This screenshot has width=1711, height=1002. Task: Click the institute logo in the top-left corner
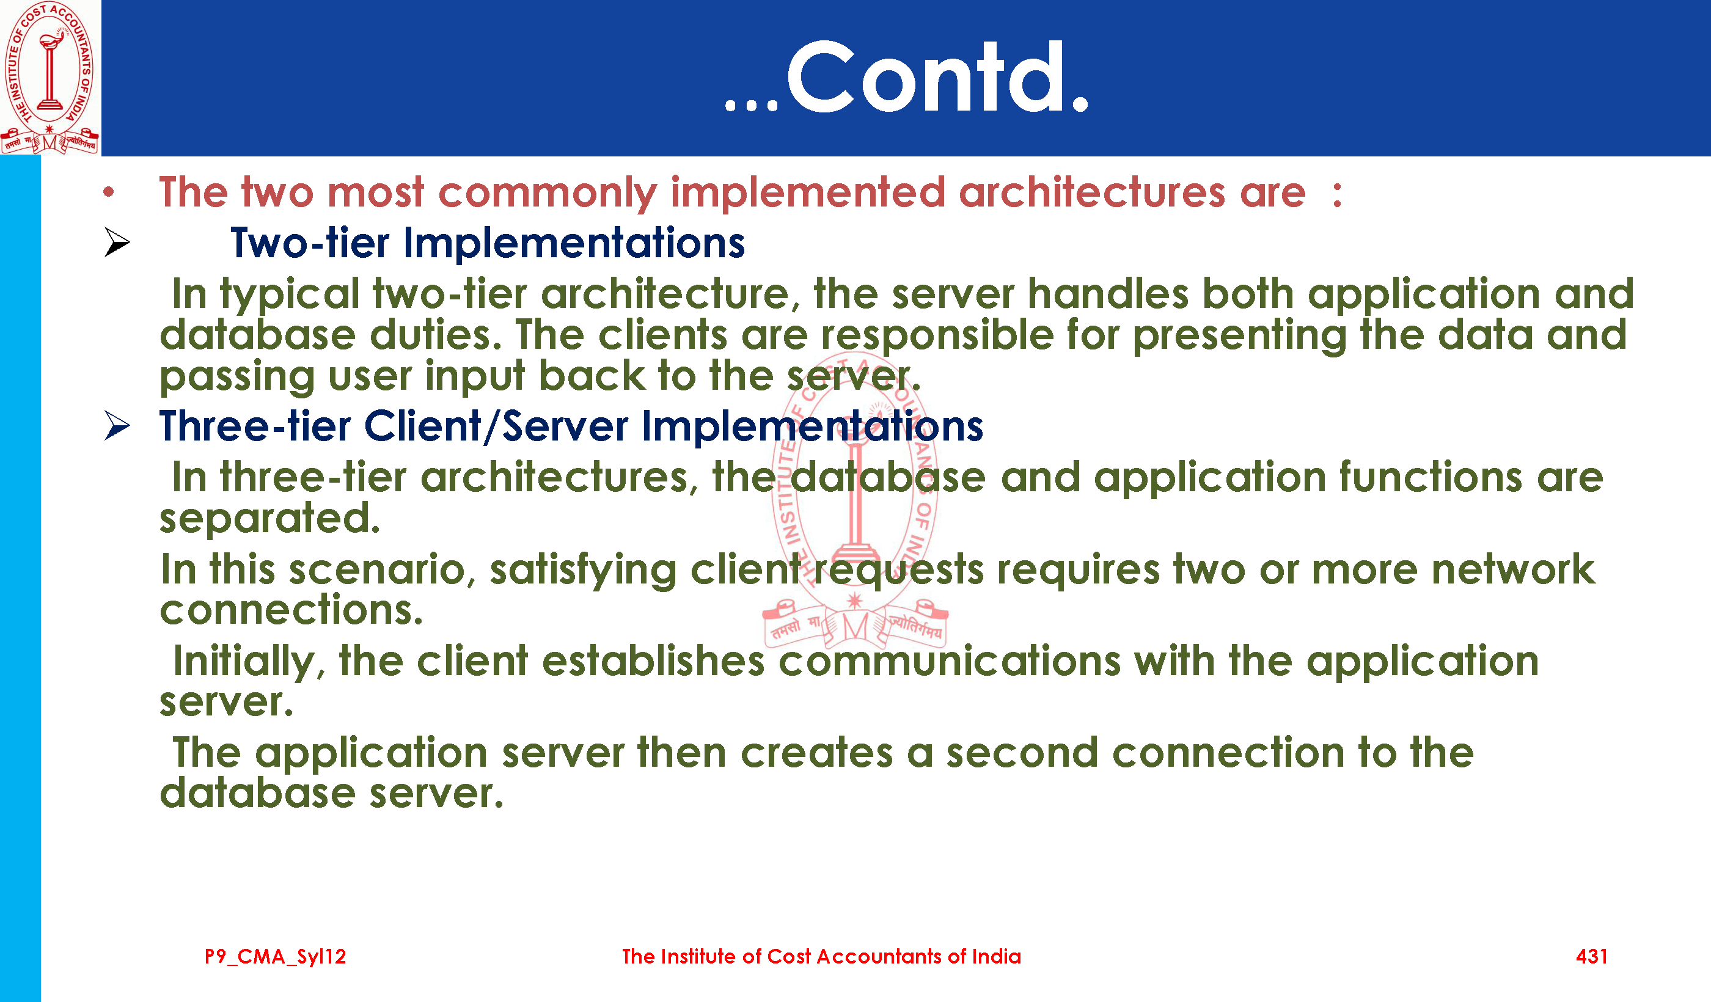tap(49, 78)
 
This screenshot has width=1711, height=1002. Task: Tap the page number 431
tap(1591, 957)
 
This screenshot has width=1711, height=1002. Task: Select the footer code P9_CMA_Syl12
tap(276, 957)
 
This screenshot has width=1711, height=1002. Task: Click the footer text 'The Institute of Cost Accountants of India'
tap(821, 957)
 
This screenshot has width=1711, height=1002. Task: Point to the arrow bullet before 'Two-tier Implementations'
tap(117, 243)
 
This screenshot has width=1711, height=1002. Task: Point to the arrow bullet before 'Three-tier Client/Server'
tap(117, 426)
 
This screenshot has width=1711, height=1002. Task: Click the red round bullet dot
tap(109, 193)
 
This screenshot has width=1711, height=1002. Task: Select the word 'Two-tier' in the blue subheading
tap(310, 243)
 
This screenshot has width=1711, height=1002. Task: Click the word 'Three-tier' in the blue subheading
tap(255, 426)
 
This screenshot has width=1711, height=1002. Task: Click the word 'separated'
tap(269, 520)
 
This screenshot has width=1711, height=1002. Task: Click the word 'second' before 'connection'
tap(1022, 753)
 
